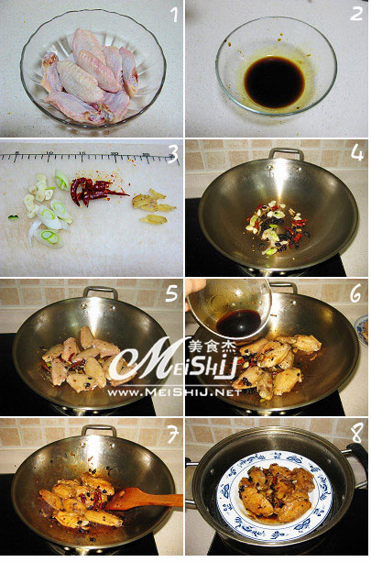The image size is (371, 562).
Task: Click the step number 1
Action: pos(174,15)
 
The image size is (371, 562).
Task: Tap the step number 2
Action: pos(356,14)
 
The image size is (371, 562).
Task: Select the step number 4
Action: pos(357,153)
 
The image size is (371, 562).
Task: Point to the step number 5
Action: pos(171,293)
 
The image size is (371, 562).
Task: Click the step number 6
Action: pos(355,294)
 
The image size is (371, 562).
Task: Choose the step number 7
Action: pos(172,435)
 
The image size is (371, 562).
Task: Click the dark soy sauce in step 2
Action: pos(274,83)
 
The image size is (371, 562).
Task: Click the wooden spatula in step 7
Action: pos(143,499)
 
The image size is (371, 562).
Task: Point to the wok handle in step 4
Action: pos(286,154)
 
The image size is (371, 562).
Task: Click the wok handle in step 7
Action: pos(99,430)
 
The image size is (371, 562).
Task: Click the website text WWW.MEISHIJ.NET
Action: pos(174,392)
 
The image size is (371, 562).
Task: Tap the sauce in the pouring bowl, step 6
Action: pos(238,323)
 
